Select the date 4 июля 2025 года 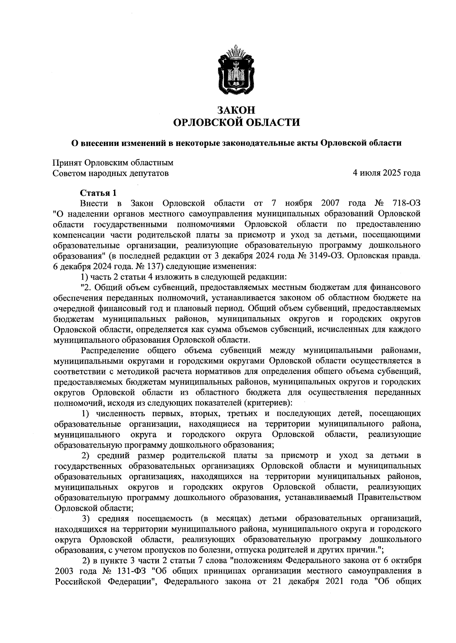386,173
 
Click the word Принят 67,163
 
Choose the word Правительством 388,497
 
